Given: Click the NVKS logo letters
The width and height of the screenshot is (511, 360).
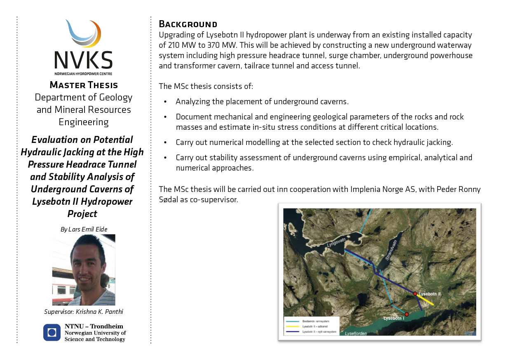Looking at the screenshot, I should point(83,60).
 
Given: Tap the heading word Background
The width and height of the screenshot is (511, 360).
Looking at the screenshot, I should point(188,24).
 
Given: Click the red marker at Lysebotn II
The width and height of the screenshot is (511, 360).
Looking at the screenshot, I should point(415,294).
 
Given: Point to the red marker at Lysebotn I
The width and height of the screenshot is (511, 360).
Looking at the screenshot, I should point(407,314).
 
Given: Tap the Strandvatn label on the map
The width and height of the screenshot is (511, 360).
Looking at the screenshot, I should point(389,252).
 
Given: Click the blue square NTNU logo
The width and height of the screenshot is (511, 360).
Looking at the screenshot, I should point(52,332).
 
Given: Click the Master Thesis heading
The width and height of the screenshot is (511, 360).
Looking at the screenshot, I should point(84,85).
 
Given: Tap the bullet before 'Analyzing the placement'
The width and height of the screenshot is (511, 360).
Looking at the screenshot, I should point(166,102).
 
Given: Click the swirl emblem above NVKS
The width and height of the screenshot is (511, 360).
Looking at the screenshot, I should point(83,33).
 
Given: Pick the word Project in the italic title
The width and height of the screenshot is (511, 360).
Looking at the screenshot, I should point(82,214).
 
